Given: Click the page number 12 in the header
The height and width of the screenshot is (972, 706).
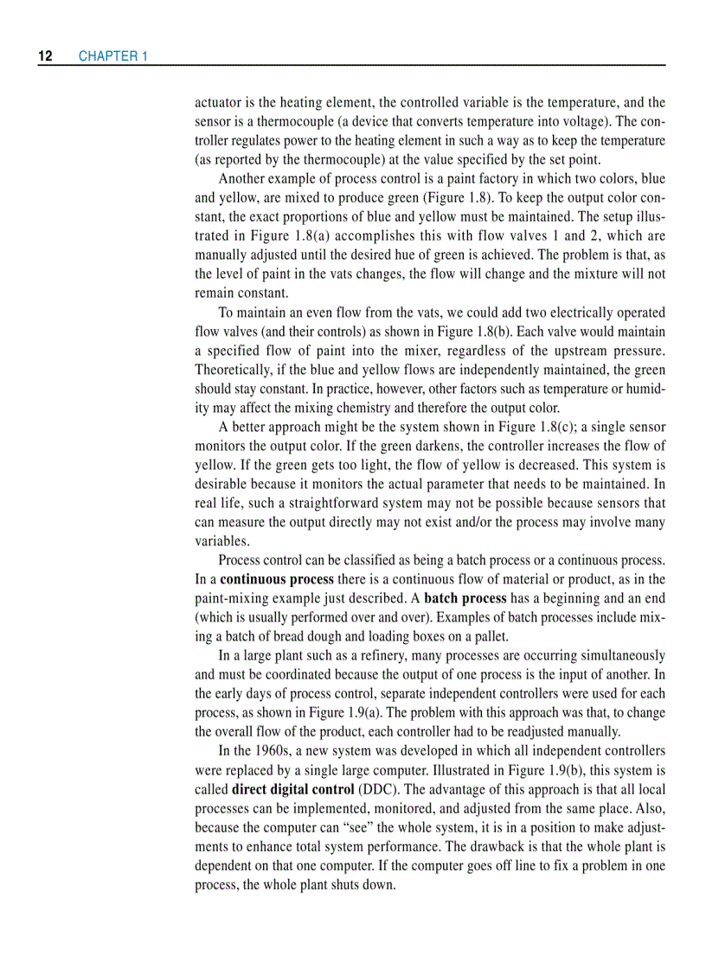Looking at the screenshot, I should click(45, 56).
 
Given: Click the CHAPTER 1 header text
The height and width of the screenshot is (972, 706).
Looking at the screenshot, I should click(113, 56).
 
